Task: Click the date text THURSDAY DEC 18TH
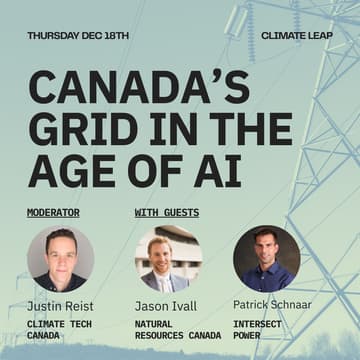click(78, 35)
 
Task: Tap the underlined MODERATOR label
click(53, 212)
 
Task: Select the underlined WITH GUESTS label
click(166, 212)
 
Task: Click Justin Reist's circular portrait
click(60, 258)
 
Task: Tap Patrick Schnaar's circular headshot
click(266, 258)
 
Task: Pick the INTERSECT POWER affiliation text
click(257, 330)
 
